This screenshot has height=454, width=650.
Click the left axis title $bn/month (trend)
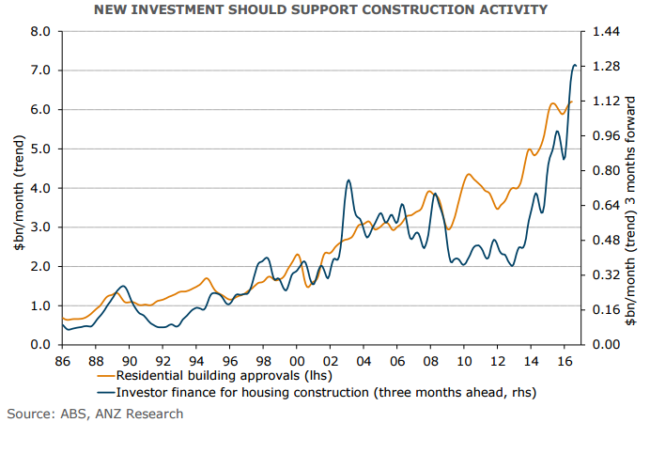[x=16, y=188]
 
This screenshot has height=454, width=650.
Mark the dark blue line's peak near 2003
[x=348, y=180]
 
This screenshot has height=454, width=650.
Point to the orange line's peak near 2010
[x=468, y=174]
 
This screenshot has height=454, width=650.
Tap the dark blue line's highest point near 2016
[x=575, y=65]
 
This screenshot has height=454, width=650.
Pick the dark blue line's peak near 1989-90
[x=122, y=286]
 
